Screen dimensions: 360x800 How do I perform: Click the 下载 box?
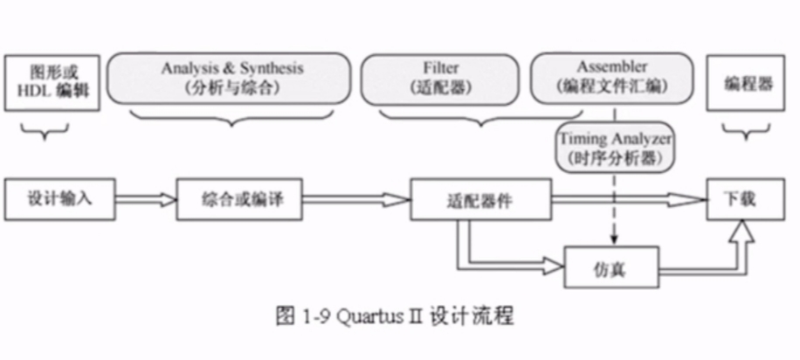click(741, 199)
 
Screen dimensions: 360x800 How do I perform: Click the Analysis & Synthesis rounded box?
click(232, 77)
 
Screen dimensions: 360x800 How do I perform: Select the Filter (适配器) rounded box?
click(439, 77)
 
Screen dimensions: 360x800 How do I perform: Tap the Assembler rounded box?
click(611, 77)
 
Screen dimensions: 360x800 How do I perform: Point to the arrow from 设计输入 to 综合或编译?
click(146, 200)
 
